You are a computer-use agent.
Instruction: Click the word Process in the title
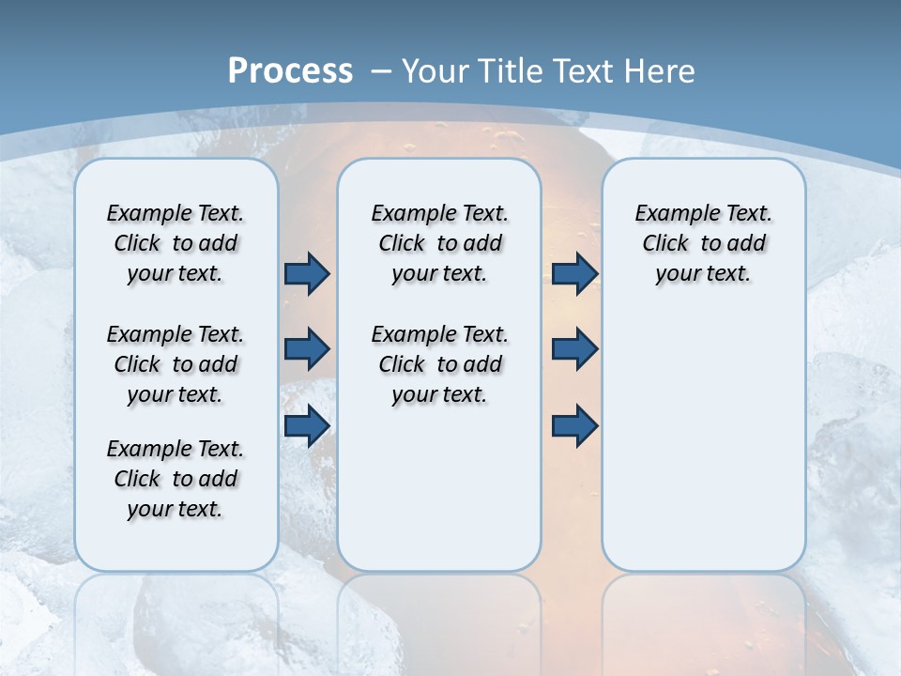coord(290,71)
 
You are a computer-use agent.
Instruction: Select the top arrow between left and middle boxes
coord(307,274)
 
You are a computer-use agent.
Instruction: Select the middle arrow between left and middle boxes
coord(307,349)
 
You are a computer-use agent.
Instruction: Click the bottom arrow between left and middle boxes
coord(307,425)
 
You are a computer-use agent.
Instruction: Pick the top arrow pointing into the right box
coord(574,274)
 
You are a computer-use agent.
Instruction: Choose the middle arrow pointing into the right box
coord(574,349)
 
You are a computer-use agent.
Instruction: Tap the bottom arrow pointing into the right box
coord(574,425)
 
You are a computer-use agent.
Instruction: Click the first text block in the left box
coord(176,243)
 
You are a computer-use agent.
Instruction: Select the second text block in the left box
coord(176,364)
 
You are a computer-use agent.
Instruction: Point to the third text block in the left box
coord(176,479)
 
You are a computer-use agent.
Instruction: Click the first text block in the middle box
coord(439,243)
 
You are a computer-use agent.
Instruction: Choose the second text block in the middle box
coord(439,364)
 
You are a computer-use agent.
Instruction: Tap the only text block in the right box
coord(703,243)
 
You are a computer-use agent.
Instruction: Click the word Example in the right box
coord(670,214)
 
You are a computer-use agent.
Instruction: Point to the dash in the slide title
coord(381,71)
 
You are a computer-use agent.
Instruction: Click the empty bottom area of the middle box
coord(439,498)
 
